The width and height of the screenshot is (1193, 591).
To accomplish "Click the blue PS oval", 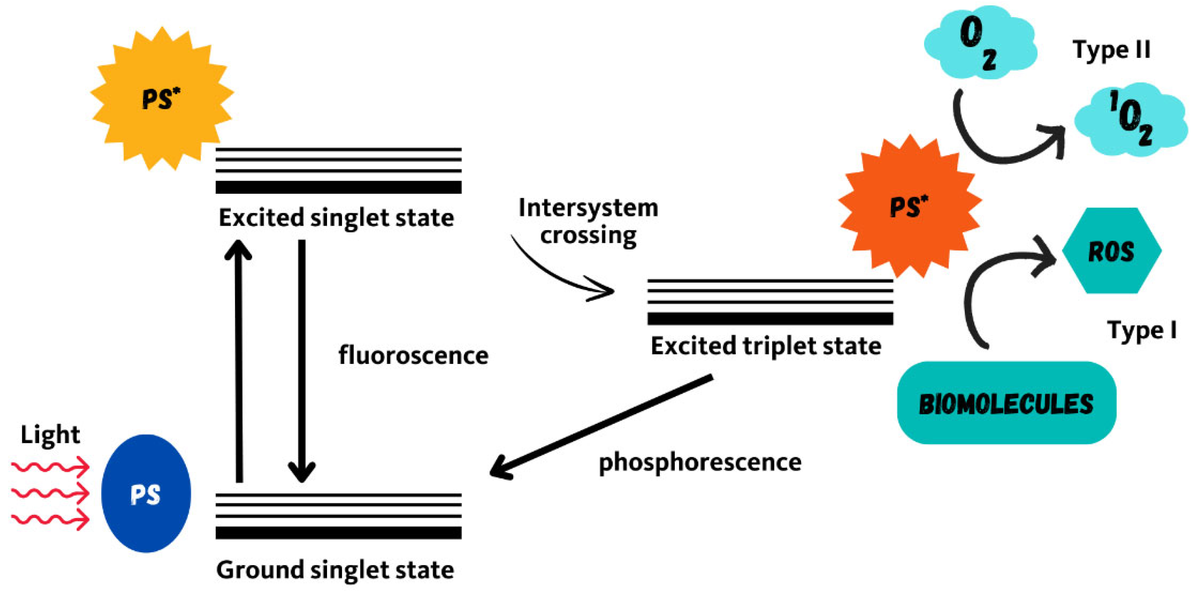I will (x=145, y=493).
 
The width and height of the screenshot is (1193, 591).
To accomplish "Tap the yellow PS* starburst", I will (x=161, y=99).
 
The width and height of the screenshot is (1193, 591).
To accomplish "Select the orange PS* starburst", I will (x=909, y=207).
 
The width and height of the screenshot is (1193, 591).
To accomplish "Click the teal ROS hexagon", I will (x=1111, y=251).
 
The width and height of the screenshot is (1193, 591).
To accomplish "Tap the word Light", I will (x=50, y=435).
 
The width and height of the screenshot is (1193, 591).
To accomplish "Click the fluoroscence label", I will (x=413, y=356).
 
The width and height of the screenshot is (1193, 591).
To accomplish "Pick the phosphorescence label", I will (x=700, y=463).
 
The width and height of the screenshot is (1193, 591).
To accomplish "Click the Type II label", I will (x=1111, y=50).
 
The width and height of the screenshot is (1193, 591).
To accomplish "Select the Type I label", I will (x=1141, y=331).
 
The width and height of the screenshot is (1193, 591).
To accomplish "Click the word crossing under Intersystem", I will (x=588, y=235).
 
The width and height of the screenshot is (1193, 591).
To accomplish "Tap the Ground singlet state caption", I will (x=335, y=570).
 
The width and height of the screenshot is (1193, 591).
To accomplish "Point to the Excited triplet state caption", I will (x=766, y=346).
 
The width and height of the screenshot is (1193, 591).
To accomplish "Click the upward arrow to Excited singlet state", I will (x=239, y=361).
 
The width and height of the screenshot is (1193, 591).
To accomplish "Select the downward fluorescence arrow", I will (x=302, y=361).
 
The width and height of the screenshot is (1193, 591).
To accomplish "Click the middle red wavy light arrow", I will (x=50, y=493).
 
